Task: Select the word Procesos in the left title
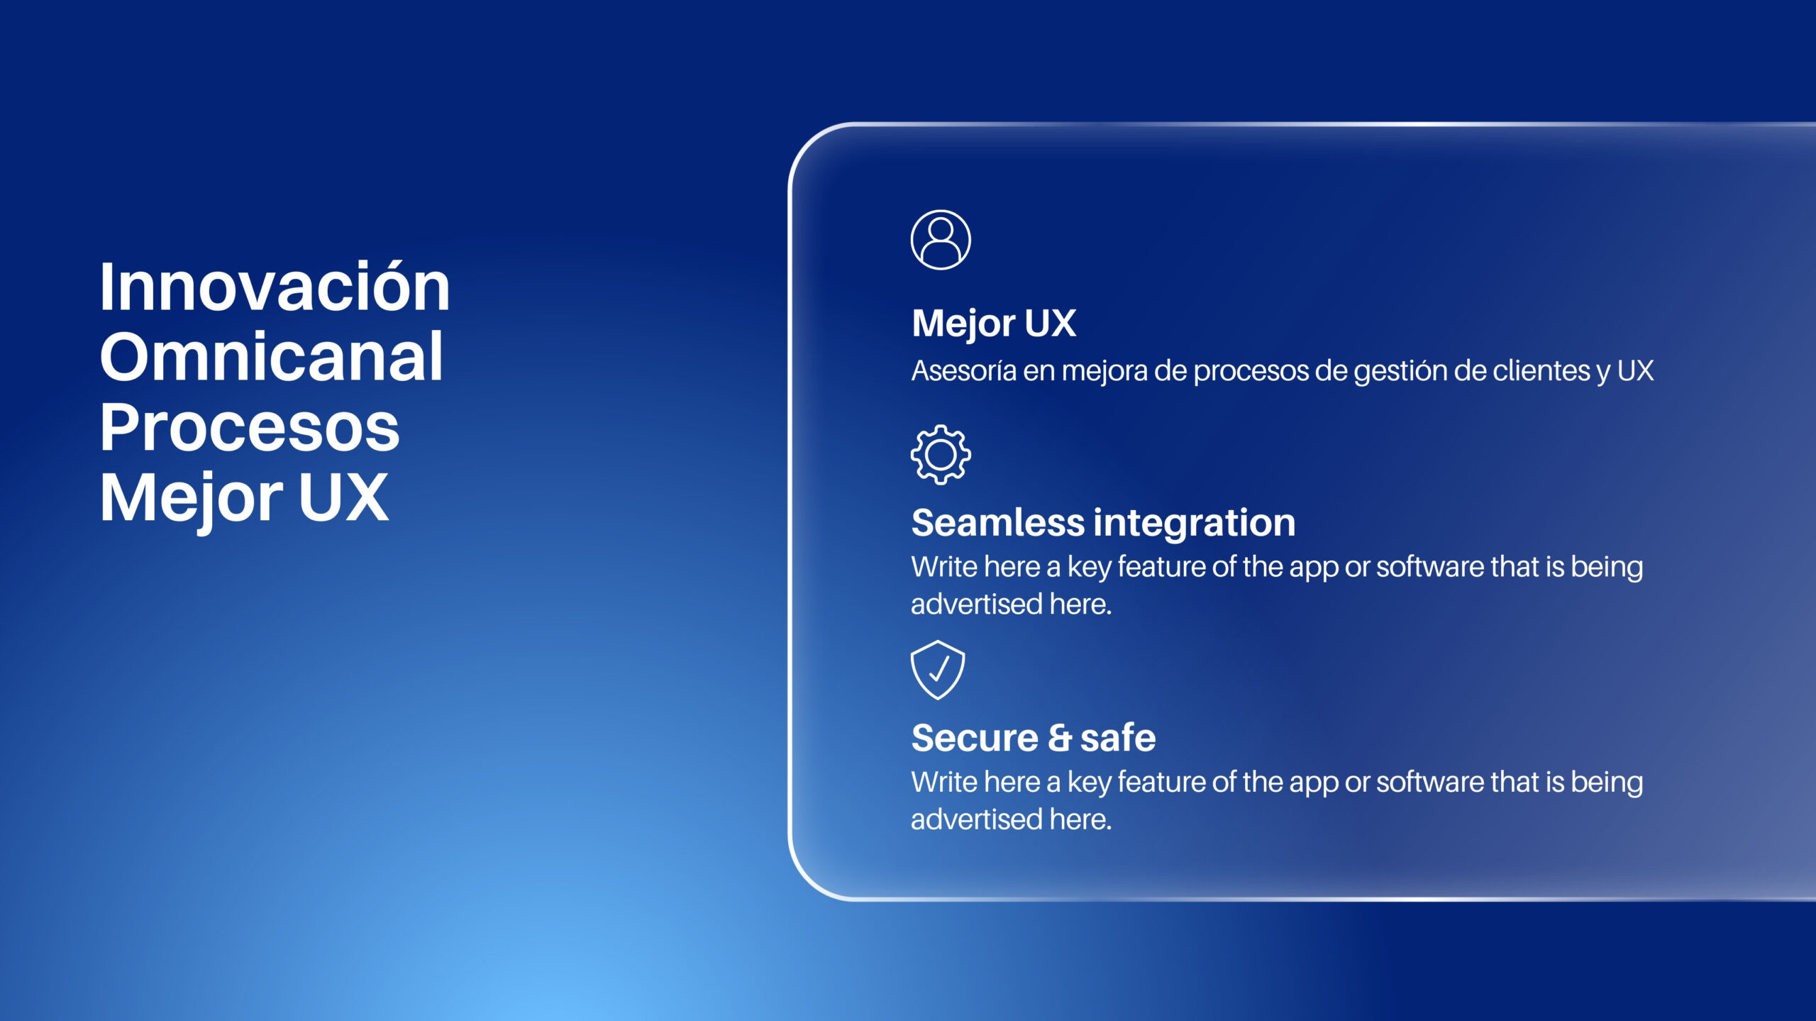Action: coord(250,427)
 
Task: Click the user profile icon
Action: coord(941,240)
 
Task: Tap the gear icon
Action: coord(941,455)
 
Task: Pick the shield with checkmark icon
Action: coord(938,670)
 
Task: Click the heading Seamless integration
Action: coord(1103,523)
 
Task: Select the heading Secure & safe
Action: coord(1034,738)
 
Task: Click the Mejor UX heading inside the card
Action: coord(994,324)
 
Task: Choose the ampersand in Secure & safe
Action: coord(1060,738)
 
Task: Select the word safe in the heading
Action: coord(1118,738)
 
